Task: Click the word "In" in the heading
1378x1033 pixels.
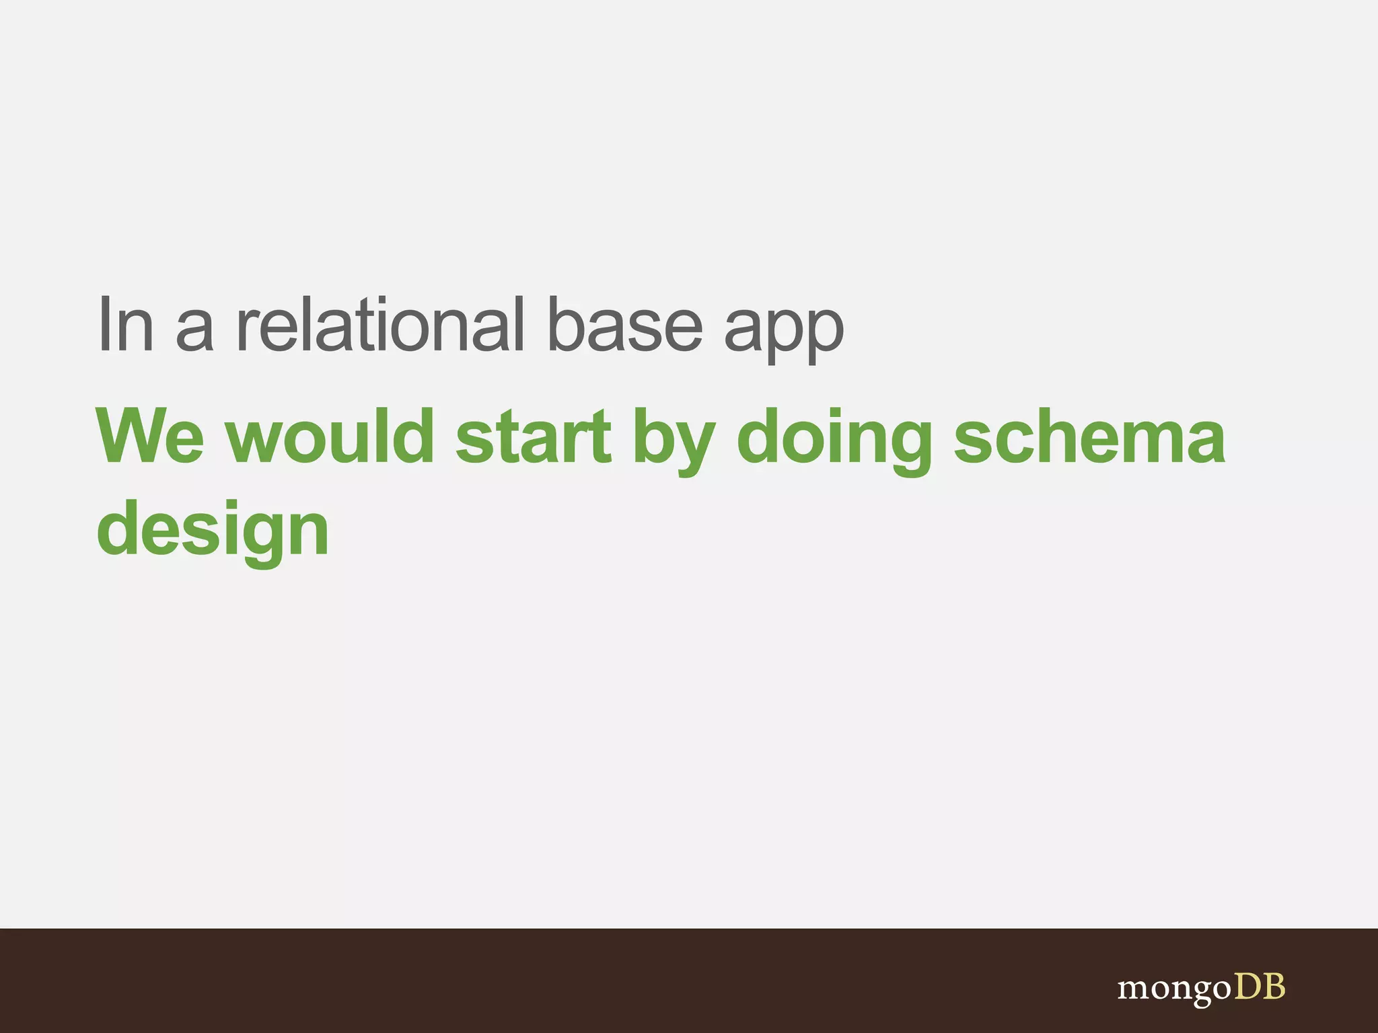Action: pos(126,326)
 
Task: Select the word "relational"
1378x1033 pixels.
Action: pos(379,326)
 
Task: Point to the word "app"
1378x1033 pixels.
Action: pos(783,333)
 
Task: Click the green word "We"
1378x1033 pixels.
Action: pos(149,437)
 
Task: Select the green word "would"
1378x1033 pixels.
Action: pos(330,437)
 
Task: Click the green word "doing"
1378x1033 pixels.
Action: pos(834,441)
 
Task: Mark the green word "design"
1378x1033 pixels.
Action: pos(213,531)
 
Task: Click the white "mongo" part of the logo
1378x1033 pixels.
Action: pos(1173,989)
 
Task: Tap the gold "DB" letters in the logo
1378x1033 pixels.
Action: pos(1259,987)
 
